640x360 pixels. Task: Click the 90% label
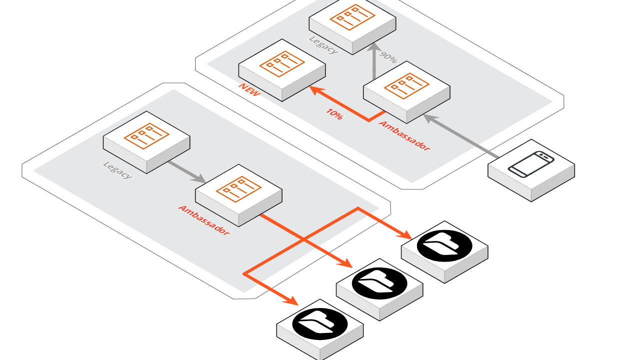click(388, 56)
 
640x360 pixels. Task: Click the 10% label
click(334, 114)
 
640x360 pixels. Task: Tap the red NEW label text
click(249, 89)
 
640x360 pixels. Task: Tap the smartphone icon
click(531, 164)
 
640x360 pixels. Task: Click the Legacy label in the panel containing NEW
click(323, 44)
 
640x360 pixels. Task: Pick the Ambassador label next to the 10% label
click(404, 135)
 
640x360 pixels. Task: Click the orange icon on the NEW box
click(282, 63)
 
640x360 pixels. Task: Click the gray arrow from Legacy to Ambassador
click(186, 170)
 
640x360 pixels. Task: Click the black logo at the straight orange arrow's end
click(379, 283)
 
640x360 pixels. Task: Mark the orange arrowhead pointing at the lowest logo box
click(291, 300)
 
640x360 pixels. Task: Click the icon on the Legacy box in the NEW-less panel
click(146, 135)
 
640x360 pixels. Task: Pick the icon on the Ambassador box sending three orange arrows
click(238, 189)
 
